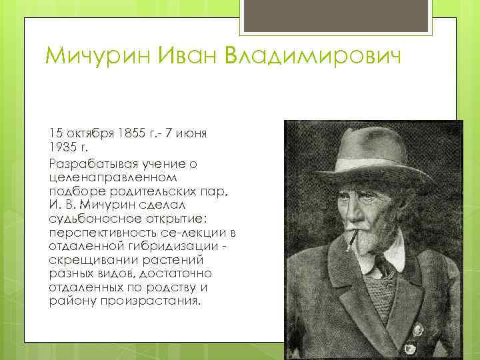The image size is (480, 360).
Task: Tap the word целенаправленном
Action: pyautogui.click(x=113, y=177)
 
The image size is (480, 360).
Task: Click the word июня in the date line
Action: pyautogui.click(x=193, y=133)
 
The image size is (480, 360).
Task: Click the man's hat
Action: pyautogui.click(x=373, y=150)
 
